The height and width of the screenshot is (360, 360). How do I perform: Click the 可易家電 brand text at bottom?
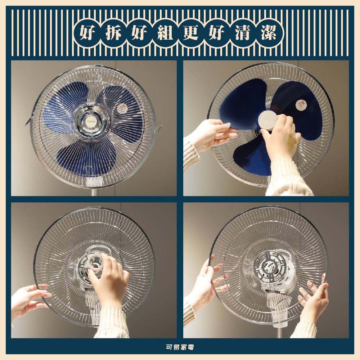coord(180,347)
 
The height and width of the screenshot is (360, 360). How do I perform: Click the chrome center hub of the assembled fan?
coord(91,121)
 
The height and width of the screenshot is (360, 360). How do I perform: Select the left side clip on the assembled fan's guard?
coord(29,121)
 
